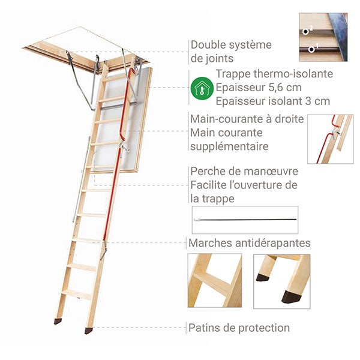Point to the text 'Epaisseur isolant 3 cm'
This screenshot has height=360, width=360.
[273, 101]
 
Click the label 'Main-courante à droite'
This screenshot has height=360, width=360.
[247, 119]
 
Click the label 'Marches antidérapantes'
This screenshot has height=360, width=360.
[250, 243]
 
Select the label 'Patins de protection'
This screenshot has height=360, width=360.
[239, 328]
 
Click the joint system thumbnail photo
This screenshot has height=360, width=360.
[323, 37]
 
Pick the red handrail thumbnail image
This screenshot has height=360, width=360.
[330, 139]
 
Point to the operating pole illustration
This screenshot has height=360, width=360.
[245, 220]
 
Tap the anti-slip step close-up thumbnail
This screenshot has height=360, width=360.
[214, 281]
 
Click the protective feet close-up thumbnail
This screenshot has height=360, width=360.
[281, 281]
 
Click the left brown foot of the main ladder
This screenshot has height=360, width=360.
[58, 322]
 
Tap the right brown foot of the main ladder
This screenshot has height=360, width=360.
[89, 331]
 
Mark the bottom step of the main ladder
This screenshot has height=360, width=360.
[77, 294]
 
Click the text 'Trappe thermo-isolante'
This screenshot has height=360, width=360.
[274, 74]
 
